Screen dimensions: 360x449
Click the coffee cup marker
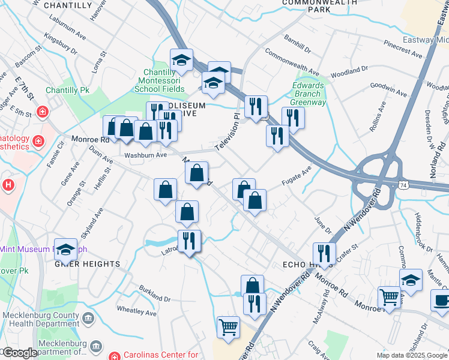click(441, 299)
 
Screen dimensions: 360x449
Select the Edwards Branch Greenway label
click(309, 94)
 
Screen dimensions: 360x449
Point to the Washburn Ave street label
click(145, 155)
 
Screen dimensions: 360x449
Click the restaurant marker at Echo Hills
click(324, 253)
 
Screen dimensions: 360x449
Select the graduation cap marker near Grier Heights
click(65, 249)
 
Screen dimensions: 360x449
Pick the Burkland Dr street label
click(155, 293)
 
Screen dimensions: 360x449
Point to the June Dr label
click(321, 225)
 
